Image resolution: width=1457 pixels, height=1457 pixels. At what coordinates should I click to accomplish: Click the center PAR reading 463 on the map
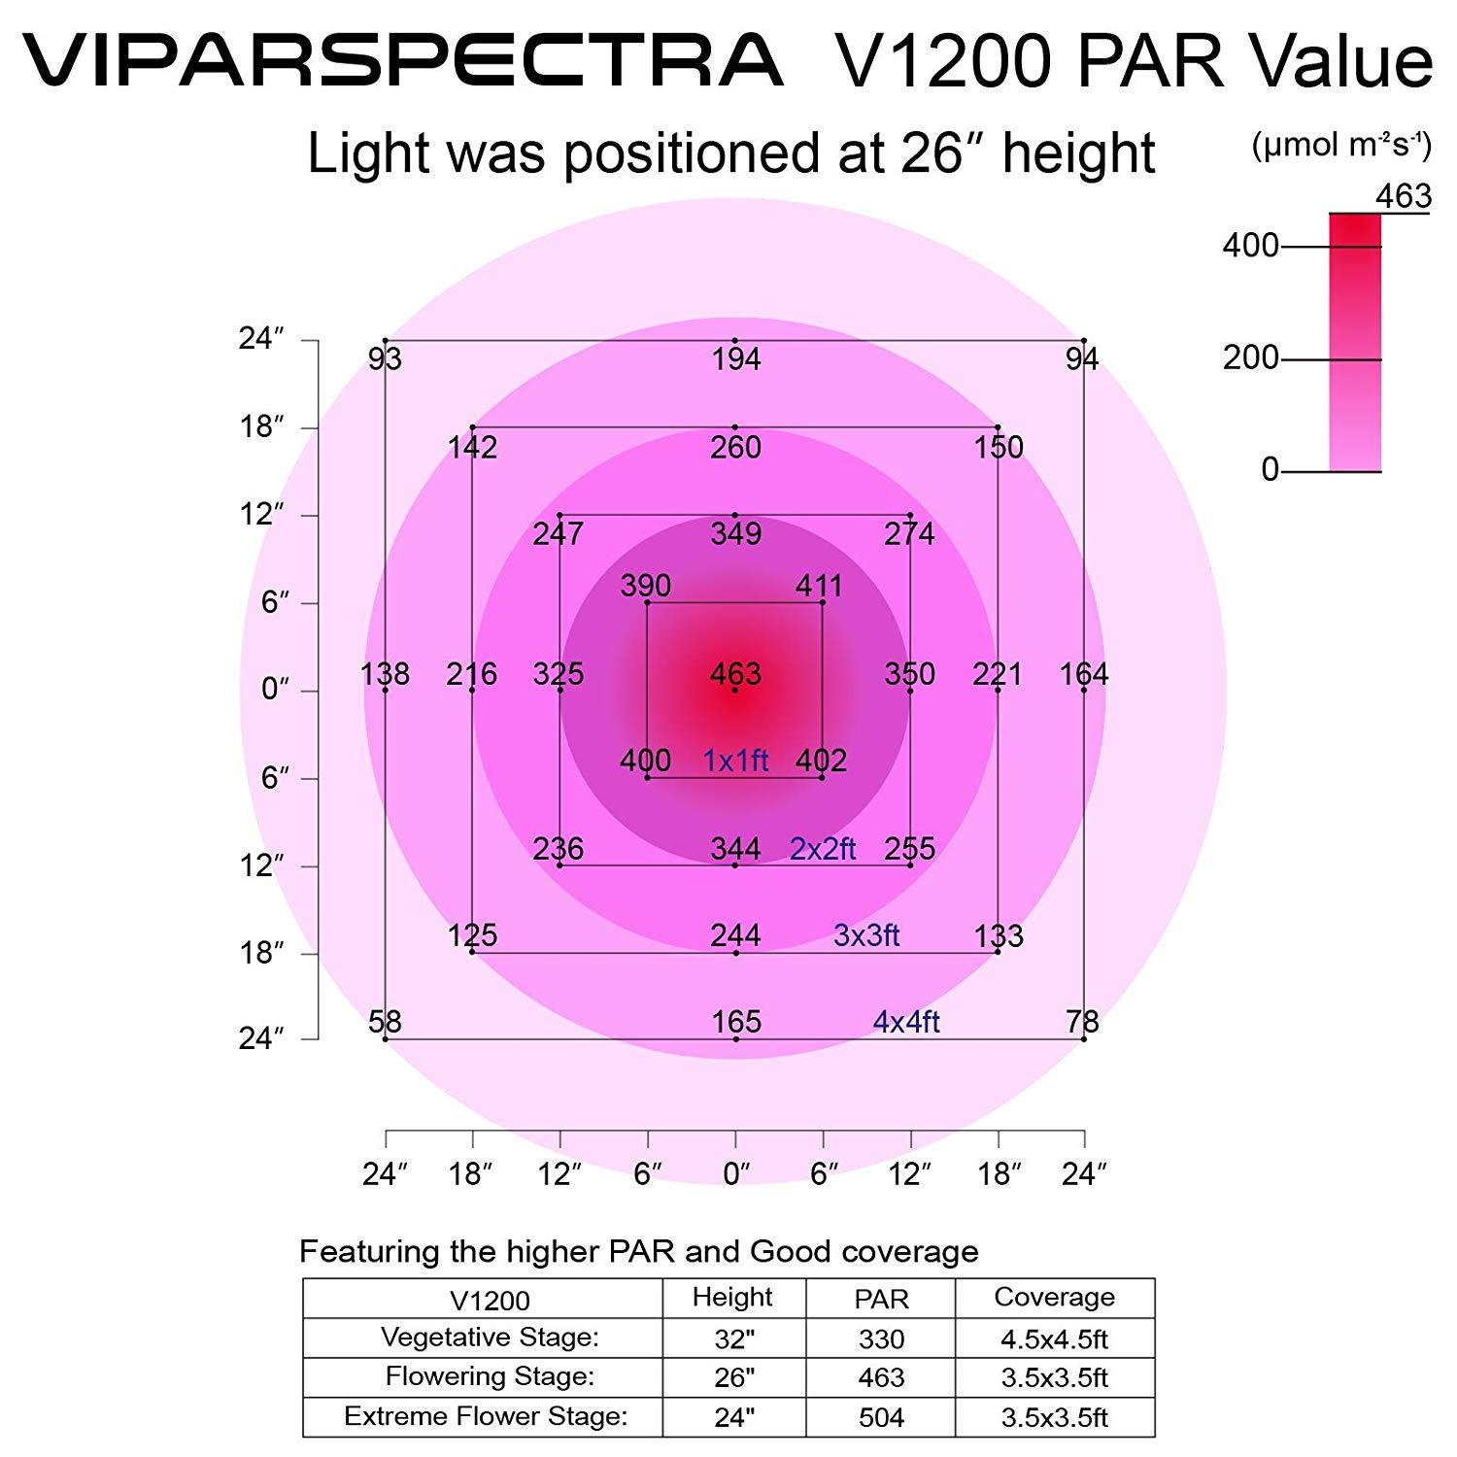coord(735,674)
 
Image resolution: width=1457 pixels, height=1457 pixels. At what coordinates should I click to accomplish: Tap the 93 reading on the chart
coord(385,360)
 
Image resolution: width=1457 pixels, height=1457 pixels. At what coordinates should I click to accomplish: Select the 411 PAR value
coord(819,586)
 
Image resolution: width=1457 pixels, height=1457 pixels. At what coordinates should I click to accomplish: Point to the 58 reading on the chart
coord(385,1022)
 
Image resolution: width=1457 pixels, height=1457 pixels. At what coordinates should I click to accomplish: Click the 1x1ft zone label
coord(735,761)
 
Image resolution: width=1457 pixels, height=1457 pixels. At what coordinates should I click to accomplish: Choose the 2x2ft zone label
coord(823,849)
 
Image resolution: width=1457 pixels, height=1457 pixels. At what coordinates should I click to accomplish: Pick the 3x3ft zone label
coord(866,935)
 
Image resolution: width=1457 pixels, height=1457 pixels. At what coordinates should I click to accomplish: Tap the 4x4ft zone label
coord(906,1022)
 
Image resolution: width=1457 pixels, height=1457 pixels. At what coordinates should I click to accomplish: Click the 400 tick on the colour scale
coord(1251,246)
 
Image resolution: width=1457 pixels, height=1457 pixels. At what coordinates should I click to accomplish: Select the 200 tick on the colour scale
coord(1251,358)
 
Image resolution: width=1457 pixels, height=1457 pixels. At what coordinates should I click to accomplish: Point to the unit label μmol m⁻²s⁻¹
coord(1341,146)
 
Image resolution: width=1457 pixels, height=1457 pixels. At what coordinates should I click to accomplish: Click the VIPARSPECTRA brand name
coord(402,60)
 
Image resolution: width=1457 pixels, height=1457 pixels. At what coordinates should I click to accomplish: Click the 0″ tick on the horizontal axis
coord(735,1174)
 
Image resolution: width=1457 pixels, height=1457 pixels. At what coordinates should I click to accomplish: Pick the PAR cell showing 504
coord(881,1417)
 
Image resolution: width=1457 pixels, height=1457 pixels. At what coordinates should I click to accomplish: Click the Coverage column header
coord(1054,1298)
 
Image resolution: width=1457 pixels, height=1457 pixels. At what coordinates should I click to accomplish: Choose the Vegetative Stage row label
coord(490,1338)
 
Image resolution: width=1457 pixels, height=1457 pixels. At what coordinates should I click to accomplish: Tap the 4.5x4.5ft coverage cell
coord(1054,1339)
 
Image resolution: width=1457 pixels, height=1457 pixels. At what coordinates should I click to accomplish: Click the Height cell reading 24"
coord(734,1417)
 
